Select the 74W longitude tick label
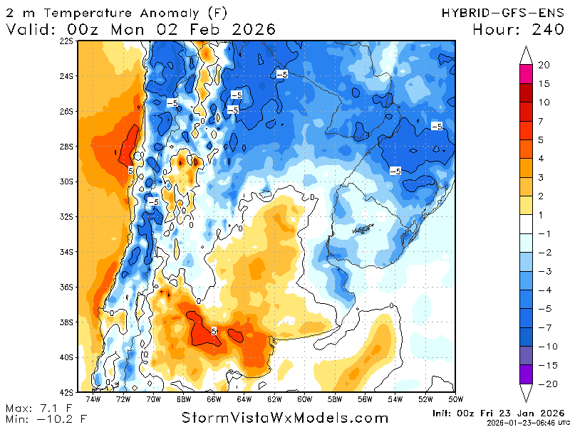pos(93,399)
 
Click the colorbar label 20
pos(544,65)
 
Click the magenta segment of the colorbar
pos(527,74)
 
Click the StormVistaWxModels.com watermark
pos(285,418)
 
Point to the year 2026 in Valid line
pos(250,29)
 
